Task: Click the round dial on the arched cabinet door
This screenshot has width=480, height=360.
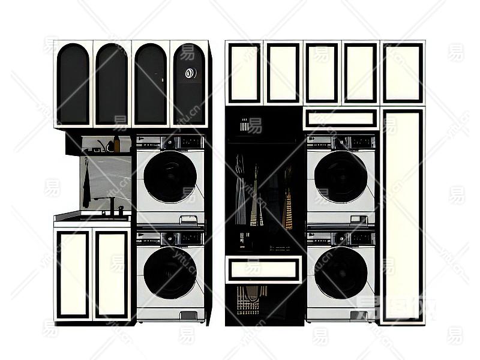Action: (191, 73)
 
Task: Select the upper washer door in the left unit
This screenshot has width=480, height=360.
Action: (170, 176)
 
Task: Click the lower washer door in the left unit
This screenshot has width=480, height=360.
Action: (170, 273)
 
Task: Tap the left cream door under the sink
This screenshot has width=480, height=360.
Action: (73, 274)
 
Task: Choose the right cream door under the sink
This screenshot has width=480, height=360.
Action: (112, 274)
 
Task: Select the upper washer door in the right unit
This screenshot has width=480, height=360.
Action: (341, 176)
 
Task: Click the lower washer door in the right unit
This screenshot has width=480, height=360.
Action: (341, 273)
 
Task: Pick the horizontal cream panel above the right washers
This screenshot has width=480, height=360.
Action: (340, 118)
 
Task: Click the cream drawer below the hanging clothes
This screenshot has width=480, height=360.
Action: (264, 269)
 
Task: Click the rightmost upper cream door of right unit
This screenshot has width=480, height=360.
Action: (402, 73)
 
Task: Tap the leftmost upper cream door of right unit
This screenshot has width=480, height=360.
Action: (244, 73)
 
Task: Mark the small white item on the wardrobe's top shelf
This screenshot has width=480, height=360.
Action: (244, 126)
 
